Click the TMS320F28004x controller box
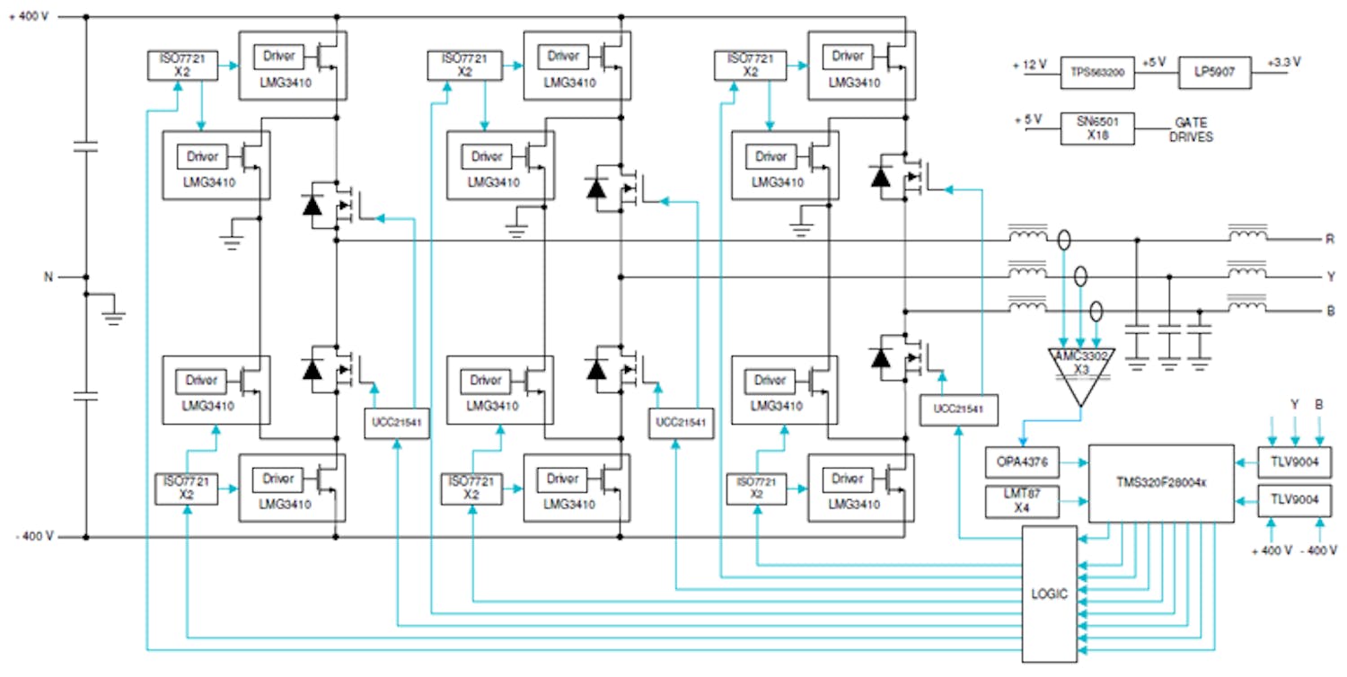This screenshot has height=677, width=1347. (x=1160, y=482)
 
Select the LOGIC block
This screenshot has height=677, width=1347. (x=1049, y=593)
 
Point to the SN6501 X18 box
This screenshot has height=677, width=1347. (x=1097, y=127)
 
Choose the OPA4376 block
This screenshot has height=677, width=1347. (x=1022, y=463)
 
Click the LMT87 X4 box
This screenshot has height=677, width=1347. (x=1022, y=501)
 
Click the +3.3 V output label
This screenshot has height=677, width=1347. (x=1283, y=63)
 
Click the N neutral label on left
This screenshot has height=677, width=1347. (x=49, y=277)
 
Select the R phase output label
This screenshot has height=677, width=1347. (x=1329, y=240)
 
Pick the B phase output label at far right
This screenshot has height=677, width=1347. (x=1329, y=312)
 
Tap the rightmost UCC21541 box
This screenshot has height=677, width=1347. (x=958, y=409)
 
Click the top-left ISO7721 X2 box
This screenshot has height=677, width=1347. (x=178, y=65)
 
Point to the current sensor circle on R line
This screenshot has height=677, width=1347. (x=1063, y=241)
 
